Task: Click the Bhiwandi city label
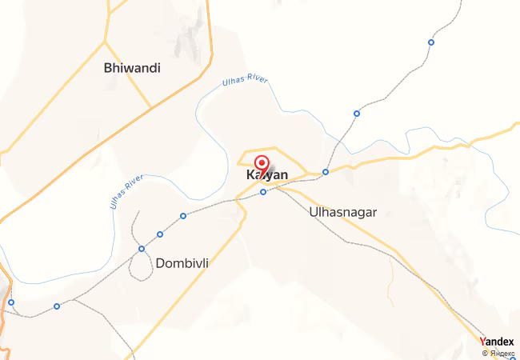132,69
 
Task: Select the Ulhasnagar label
342,213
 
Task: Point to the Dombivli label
187,262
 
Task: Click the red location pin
261,166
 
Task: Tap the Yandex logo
498,342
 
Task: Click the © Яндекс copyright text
498,353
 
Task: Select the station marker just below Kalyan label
262,192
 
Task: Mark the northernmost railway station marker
431,42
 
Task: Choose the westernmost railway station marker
11,302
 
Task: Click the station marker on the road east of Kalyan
326,172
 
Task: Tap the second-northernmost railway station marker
357,113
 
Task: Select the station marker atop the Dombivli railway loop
142,248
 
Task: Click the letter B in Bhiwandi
108,69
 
